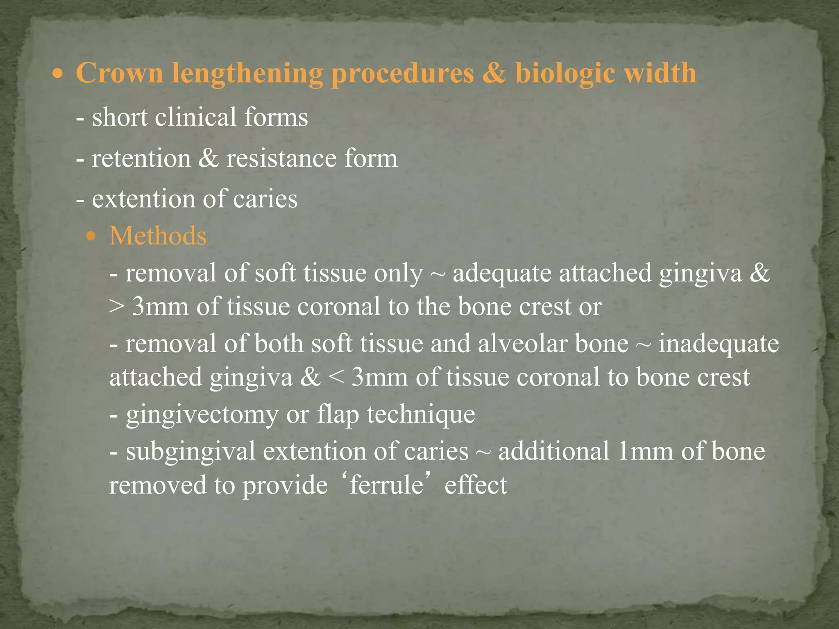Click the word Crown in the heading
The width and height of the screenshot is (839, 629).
pos(119,73)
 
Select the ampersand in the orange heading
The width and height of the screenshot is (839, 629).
pos(494,73)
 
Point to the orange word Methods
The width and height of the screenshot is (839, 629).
pos(158,236)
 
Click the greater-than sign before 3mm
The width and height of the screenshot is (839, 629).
pos(116,307)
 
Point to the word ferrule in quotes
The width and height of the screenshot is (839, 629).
pos(386,485)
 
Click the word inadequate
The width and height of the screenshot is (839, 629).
pos(719,344)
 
